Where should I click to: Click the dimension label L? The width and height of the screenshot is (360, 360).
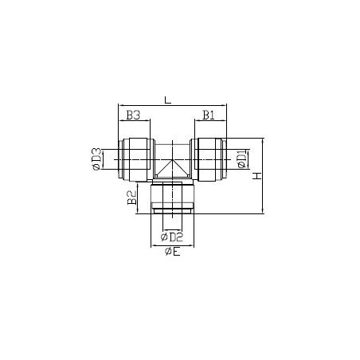(168, 100)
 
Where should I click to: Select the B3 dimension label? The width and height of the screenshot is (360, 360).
(133, 115)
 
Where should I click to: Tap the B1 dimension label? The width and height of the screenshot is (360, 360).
(209, 115)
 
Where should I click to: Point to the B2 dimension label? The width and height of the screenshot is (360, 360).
(132, 198)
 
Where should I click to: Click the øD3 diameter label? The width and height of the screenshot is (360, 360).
(96, 159)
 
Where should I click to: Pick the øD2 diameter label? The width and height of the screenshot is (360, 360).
(172, 237)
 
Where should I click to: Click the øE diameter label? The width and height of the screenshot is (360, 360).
(173, 252)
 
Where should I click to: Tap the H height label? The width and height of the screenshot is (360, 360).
(257, 176)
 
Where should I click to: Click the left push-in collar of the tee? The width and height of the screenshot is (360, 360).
(135, 160)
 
